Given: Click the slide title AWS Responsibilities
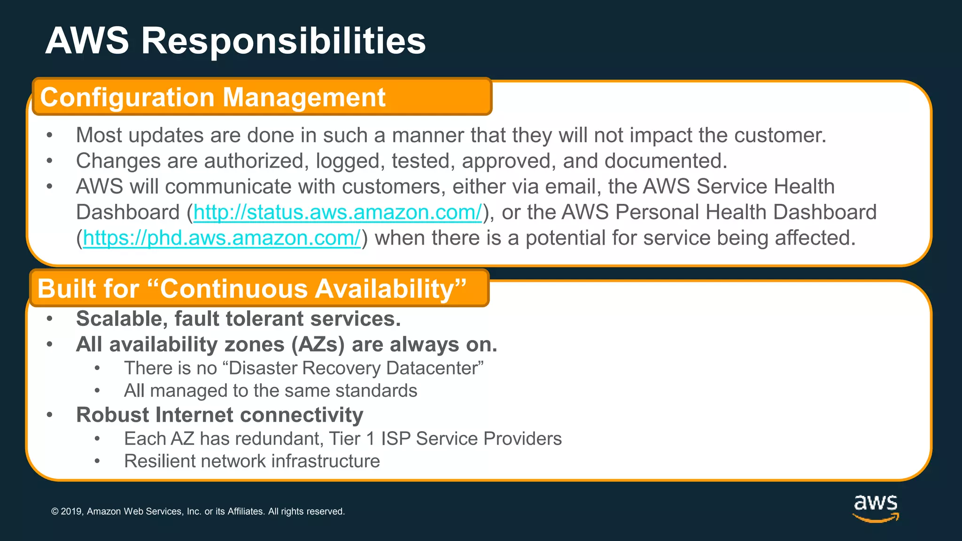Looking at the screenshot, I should [235, 41].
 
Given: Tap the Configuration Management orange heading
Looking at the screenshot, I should [212, 97].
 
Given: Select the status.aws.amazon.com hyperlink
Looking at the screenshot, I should [337, 212].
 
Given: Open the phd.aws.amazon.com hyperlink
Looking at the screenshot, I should [222, 238].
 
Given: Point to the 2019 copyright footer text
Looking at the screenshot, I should [197, 511].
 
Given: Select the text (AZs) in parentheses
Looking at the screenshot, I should [318, 345].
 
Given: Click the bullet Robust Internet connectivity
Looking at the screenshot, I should [219, 415].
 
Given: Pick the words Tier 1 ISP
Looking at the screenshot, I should [369, 439].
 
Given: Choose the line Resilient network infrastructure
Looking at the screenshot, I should [252, 461].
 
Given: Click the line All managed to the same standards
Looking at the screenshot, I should [270, 391].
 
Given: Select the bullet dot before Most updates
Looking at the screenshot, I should [50, 136].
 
